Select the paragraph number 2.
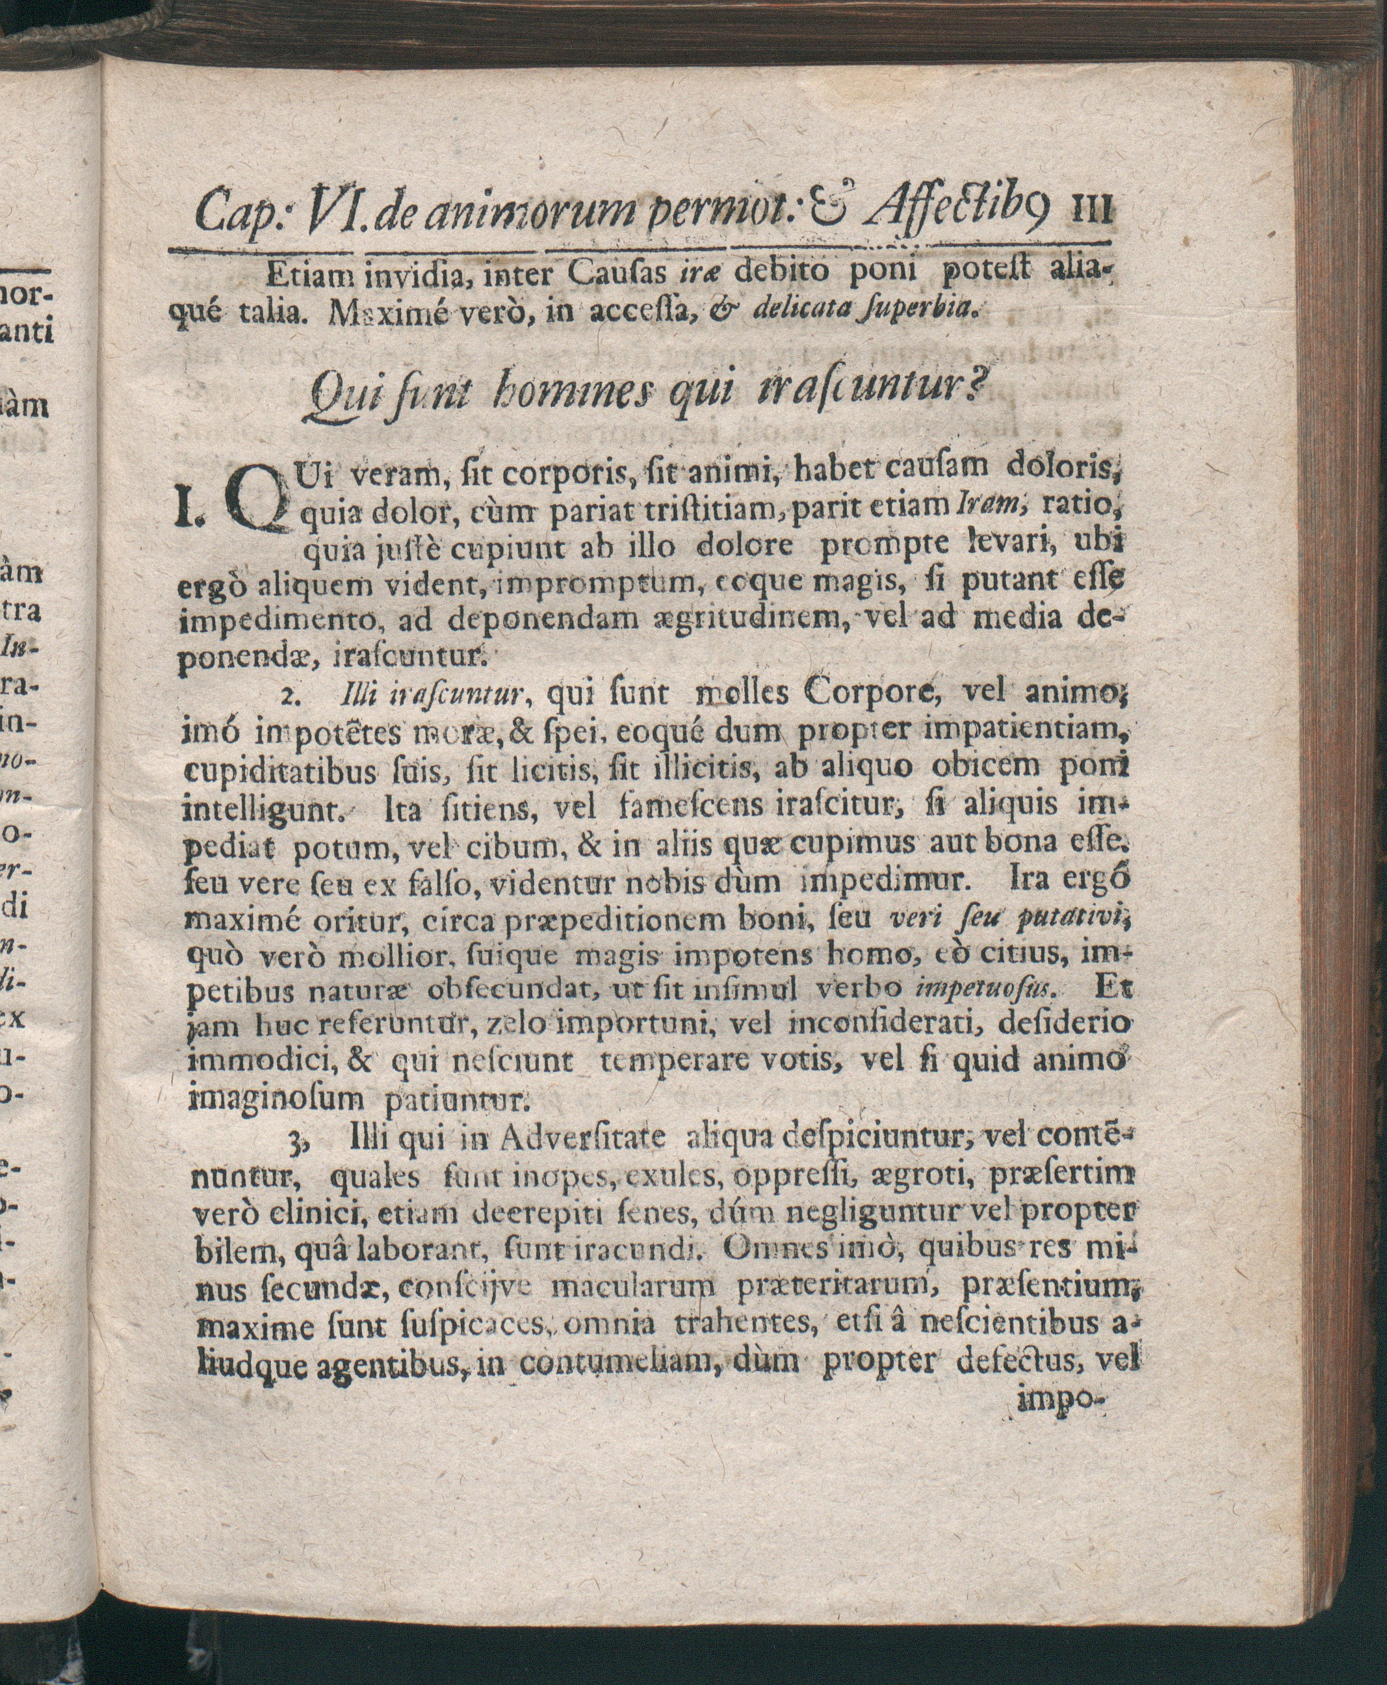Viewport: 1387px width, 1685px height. pos(289,698)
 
